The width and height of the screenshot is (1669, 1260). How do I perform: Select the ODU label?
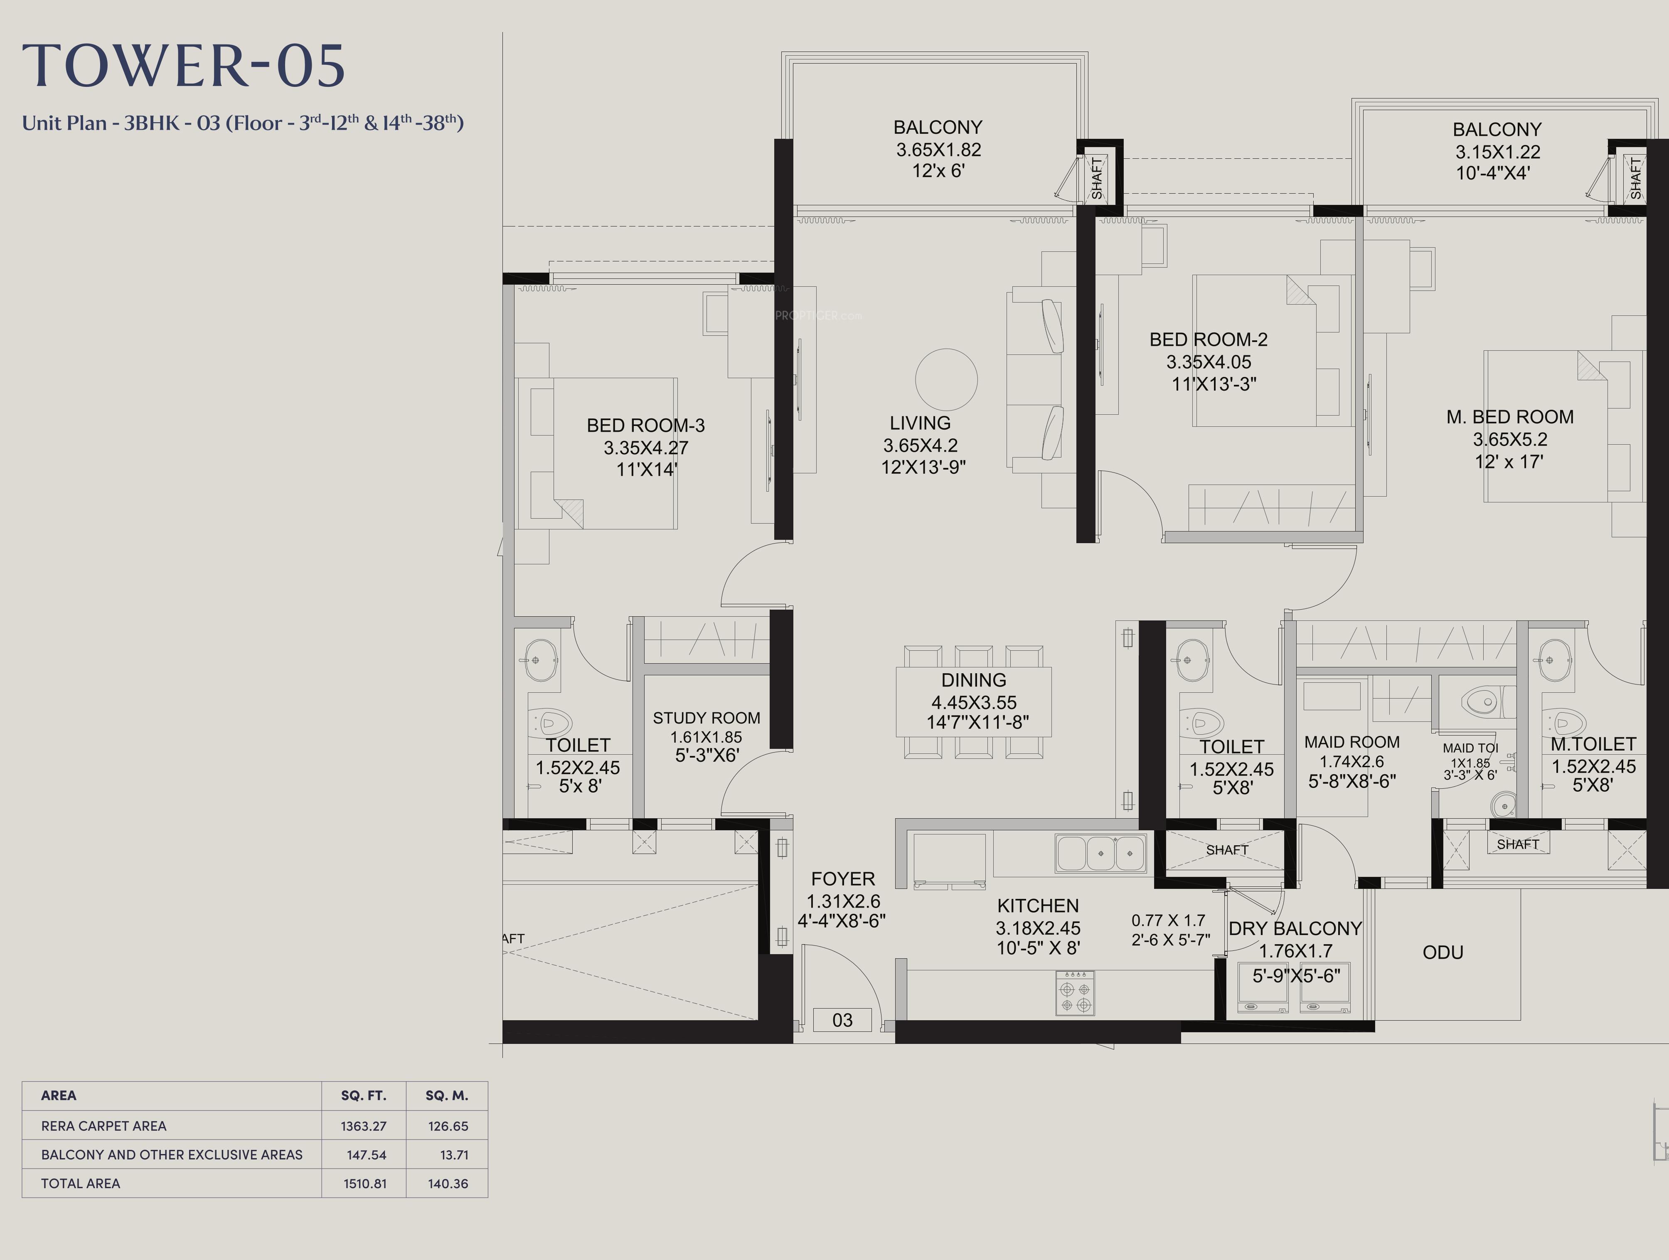click(1443, 952)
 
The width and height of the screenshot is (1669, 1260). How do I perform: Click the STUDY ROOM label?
click(706, 718)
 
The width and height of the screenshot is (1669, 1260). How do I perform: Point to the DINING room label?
click(973, 680)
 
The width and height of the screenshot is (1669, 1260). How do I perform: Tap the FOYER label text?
click(843, 879)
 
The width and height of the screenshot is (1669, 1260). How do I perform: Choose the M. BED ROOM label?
click(1510, 417)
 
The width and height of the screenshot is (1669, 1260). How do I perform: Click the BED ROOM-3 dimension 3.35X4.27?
click(646, 448)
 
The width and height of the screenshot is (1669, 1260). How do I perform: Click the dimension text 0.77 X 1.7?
click(1168, 920)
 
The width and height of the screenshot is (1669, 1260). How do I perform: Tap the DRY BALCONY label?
click(1295, 929)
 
